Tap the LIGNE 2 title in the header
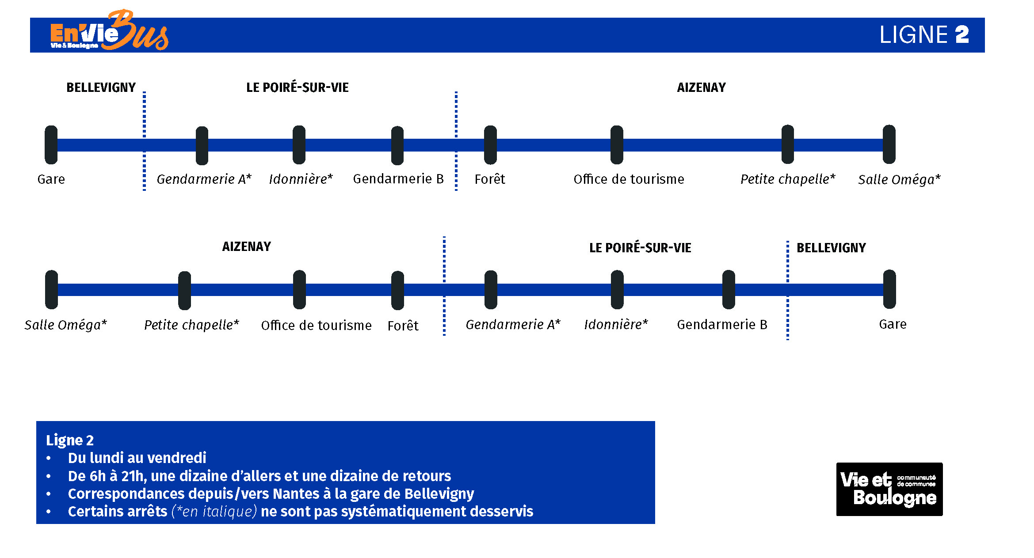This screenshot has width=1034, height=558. [x=924, y=35]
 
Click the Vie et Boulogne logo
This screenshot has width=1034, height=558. [x=889, y=489]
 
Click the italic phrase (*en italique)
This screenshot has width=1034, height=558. [x=214, y=511]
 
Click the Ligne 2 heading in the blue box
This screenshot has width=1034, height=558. [x=70, y=440]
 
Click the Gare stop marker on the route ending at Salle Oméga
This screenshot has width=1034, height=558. [x=51, y=145]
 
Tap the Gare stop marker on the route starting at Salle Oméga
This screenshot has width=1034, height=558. [x=889, y=289]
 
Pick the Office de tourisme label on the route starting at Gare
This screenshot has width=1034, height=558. [x=629, y=179]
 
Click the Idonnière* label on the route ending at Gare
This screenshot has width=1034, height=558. [x=616, y=324]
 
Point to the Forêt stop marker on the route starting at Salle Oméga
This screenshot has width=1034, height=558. [x=397, y=290]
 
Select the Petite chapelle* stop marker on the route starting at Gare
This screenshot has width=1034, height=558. [x=788, y=144]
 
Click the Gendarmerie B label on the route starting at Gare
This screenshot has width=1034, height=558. [x=398, y=178]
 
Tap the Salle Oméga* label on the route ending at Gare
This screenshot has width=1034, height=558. [x=65, y=325]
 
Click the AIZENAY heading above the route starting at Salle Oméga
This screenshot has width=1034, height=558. [x=247, y=247]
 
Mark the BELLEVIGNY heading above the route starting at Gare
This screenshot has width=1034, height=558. [x=101, y=87]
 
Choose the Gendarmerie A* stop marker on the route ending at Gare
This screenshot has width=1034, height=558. [x=491, y=290]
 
